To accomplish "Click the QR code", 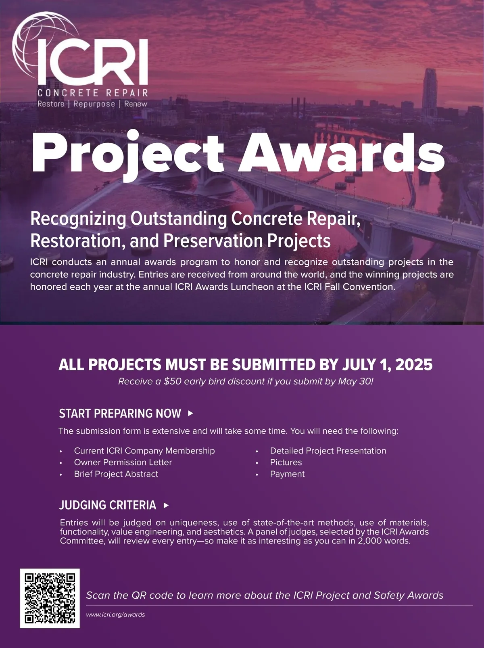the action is pos(50,598).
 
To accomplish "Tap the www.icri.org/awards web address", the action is pos(115,615).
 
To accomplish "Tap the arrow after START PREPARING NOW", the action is pos(190,413).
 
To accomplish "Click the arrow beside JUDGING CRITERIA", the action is pos(166,505).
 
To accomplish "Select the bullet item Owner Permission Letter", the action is pos(123,462).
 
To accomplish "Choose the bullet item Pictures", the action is pos(286,462).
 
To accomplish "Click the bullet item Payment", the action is pos(287,474).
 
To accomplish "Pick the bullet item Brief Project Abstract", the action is pos(116,474).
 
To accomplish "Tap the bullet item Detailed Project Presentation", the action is pos(328,451).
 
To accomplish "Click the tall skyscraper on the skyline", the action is pos(430,93).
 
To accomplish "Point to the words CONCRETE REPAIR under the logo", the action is pos(93,93).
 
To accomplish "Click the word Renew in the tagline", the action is pos(136,104).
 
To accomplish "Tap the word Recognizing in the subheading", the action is pos(78,219).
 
